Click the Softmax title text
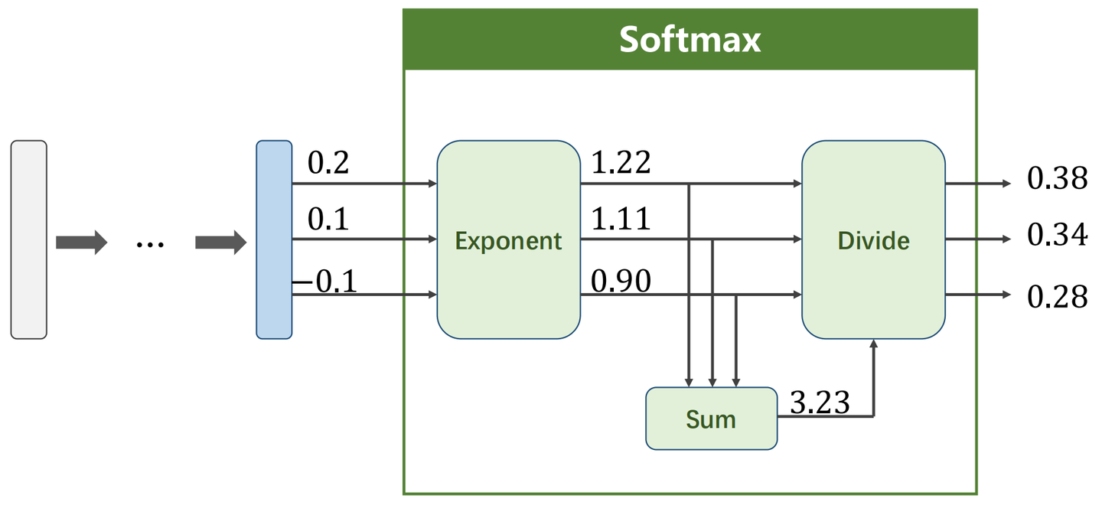click(x=690, y=40)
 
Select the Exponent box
click(x=508, y=239)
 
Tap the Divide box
click(x=872, y=239)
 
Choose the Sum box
click(x=711, y=419)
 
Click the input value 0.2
click(x=328, y=163)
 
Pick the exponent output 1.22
click(x=621, y=163)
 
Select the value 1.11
click(x=621, y=220)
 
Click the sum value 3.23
click(x=819, y=402)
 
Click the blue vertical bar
click(x=274, y=239)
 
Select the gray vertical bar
click(x=29, y=239)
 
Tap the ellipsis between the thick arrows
click(x=150, y=244)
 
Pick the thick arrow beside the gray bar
click(x=80, y=243)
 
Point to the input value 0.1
click(x=328, y=220)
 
